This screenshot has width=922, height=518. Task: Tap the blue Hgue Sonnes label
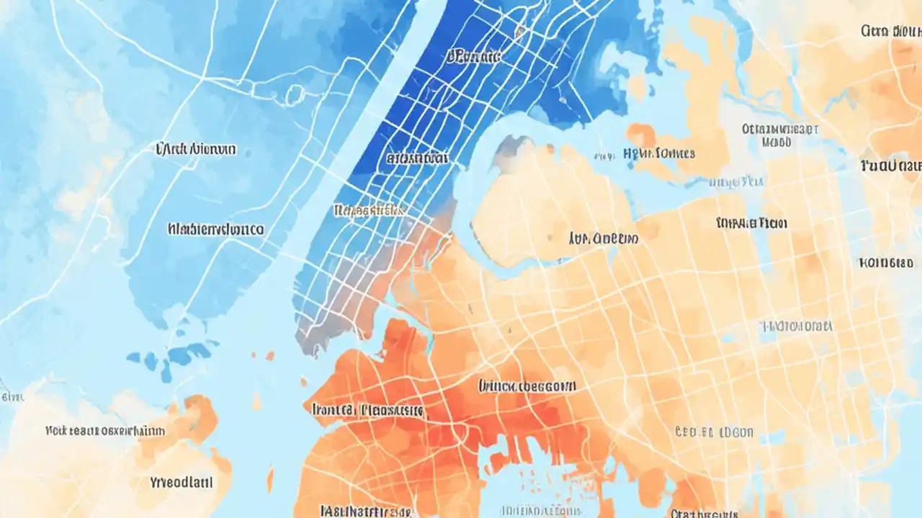tap(658, 153)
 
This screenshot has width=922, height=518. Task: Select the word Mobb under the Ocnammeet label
tap(776, 142)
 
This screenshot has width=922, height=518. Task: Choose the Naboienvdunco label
tap(215, 230)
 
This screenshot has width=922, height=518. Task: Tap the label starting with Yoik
tap(105, 431)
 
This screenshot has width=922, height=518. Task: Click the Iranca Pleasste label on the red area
tap(367, 411)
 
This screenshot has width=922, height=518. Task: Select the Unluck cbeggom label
tap(527, 386)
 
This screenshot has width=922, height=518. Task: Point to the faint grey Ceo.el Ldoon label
tap(714, 432)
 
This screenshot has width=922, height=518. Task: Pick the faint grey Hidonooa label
tap(797, 326)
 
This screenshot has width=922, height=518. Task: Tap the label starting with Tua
tap(890, 166)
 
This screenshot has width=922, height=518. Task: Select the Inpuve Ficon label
tap(752, 223)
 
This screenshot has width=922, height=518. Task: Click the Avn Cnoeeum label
tap(602, 238)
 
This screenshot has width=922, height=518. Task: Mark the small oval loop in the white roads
tap(295, 94)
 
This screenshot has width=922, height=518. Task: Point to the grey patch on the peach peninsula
tap(506, 146)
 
